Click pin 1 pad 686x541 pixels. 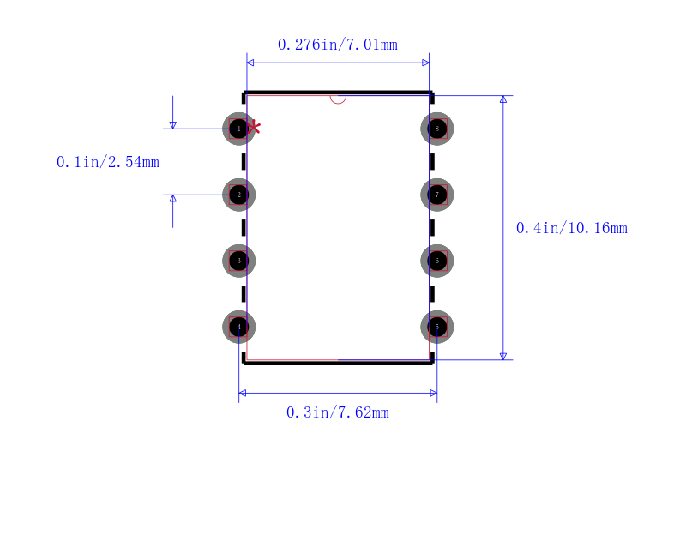pyautogui.click(x=239, y=129)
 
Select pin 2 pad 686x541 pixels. pyautogui.click(x=239, y=195)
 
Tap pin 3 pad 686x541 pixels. pyautogui.click(x=239, y=261)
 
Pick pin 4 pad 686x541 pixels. pyautogui.click(x=239, y=327)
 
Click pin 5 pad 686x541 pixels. pyautogui.click(x=437, y=327)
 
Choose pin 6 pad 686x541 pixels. pyautogui.click(x=437, y=261)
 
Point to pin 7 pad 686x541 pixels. pyautogui.click(x=437, y=195)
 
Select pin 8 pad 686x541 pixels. pyautogui.click(x=437, y=129)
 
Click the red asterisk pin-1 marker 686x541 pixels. pyautogui.click(x=254, y=128)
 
